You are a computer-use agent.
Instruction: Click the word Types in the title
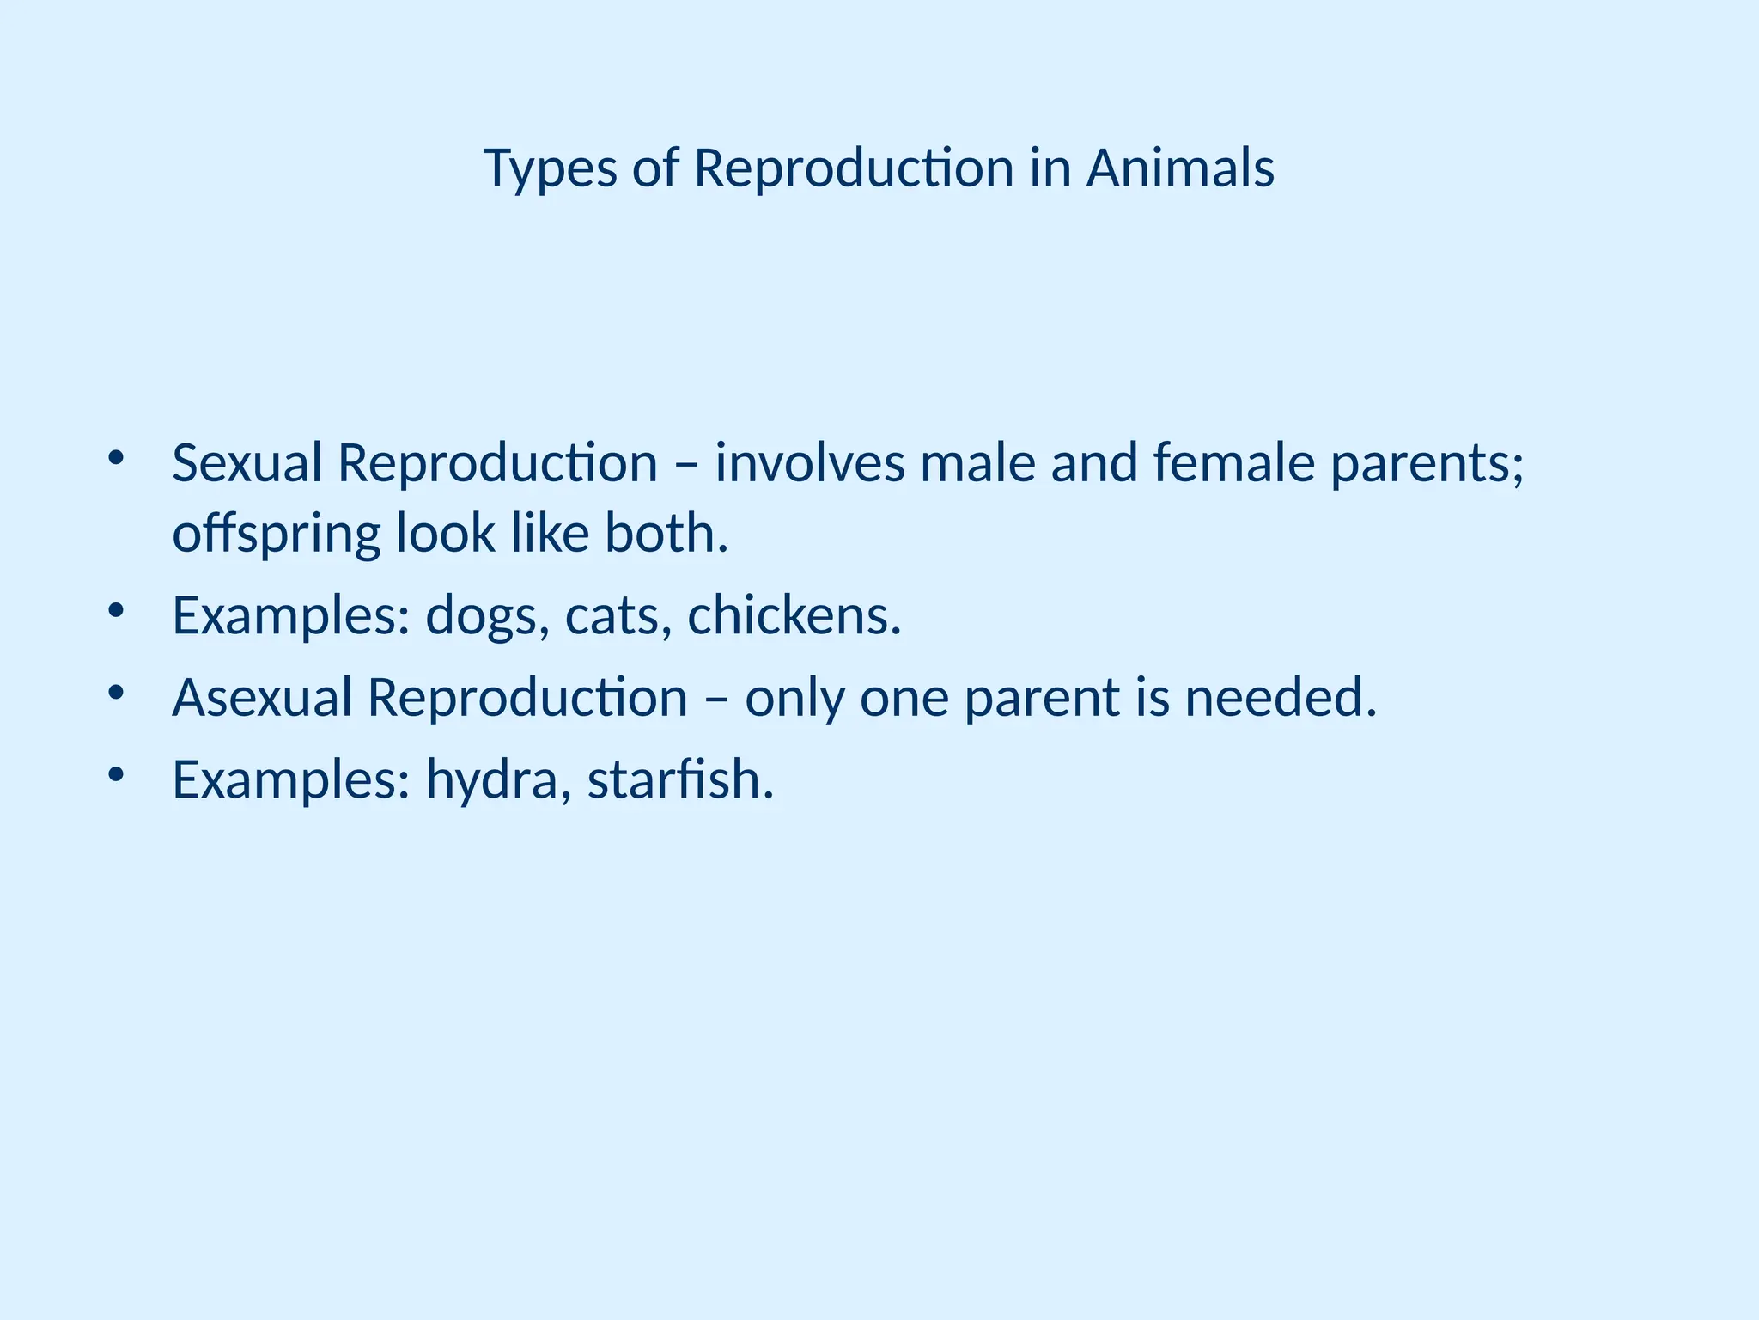pos(550,169)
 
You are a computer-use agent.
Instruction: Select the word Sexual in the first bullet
pos(247,463)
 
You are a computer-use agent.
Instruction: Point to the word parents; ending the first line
pos(1427,465)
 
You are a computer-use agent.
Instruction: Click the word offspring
pos(276,535)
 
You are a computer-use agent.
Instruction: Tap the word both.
pos(666,534)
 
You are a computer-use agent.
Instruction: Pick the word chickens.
pos(794,615)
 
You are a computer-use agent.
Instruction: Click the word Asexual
pos(262,697)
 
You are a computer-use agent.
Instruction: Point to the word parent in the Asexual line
pos(1042,699)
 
